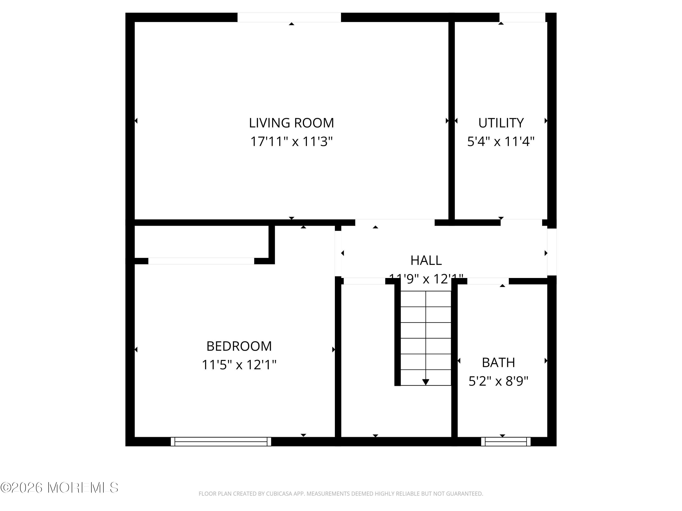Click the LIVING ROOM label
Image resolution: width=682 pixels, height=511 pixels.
click(291, 123)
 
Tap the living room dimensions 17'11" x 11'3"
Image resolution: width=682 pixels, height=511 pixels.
click(291, 142)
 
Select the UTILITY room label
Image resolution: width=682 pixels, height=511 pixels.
click(501, 123)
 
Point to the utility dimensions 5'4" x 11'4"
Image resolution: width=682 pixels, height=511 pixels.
click(501, 142)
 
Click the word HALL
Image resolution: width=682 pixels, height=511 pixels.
click(426, 260)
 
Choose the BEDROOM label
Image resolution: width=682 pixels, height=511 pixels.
click(239, 346)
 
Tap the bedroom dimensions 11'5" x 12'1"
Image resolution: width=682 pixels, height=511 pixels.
click(239, 365)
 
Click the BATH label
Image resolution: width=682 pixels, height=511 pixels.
click(498, 362)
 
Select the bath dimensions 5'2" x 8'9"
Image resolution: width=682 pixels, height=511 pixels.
click(498, 381)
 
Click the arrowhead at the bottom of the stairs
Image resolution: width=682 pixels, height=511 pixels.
click(426, 382)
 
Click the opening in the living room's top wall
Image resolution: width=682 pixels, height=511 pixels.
click(289, 17)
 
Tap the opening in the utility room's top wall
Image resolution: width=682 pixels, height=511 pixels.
click(522, 17)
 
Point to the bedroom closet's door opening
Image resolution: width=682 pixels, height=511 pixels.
click(201, 261)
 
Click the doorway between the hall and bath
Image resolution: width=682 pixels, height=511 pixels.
click(488, 281)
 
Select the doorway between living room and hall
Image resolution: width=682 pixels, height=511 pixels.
click(395, 222)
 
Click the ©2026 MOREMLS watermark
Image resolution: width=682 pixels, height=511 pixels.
click(59, 488)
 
